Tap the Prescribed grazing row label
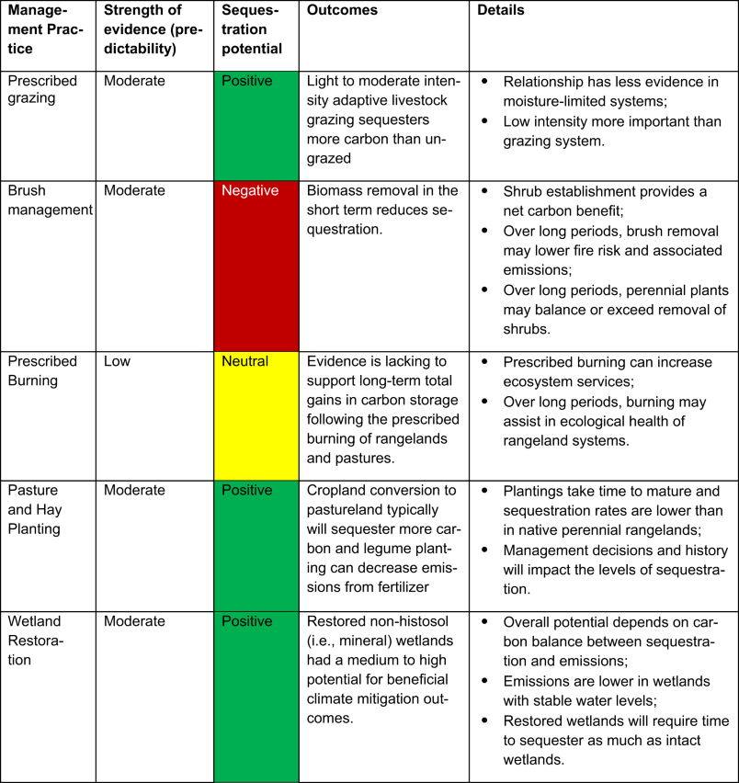click(41, 90)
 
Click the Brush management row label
click(50, 200)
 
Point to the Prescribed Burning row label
click(43, 370)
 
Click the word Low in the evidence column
click(117, 361)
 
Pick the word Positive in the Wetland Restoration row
click(247, 621)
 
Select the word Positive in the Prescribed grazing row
click(247, 81)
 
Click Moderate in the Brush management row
click(134, 191)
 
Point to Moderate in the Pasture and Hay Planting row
click(134, 490)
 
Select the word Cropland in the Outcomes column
click(337, 490)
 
